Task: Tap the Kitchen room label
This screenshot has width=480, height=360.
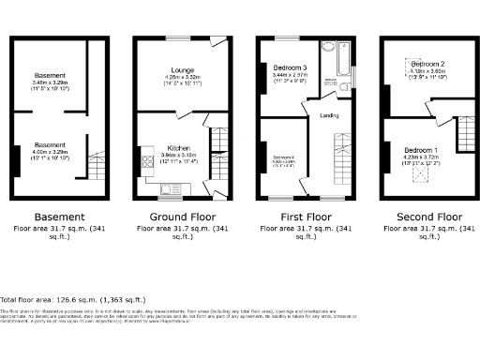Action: [179, 148]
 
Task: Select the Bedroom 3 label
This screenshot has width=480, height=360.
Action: [289, 69]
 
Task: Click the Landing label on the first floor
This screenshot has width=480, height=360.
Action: [329, 116]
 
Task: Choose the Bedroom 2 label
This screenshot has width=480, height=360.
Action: [427, 64]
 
